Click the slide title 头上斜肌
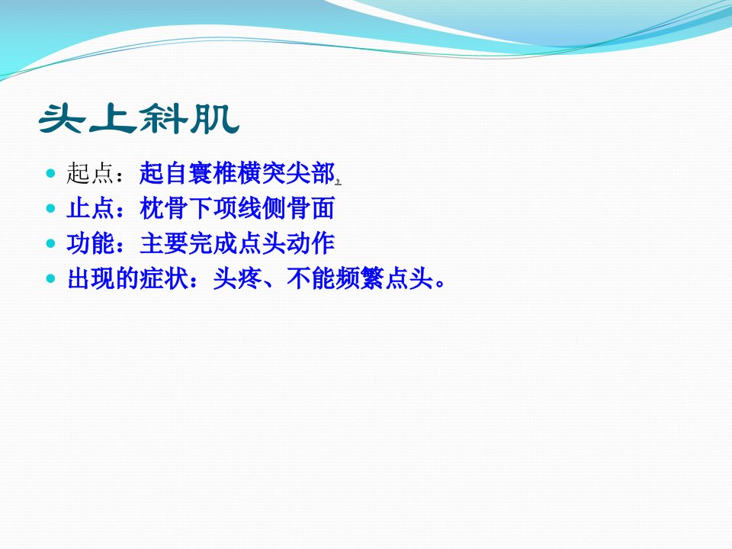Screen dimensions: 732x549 (139, 120)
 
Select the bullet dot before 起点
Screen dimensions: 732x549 (51, 174)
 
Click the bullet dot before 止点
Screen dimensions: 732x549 (51, 208)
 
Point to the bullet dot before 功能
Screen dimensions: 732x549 (51, 244)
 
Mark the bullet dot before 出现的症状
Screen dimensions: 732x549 (51, 279)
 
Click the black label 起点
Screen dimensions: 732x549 (90, 173)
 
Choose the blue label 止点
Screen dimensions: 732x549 (90, 208)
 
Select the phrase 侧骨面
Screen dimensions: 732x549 (298, 208)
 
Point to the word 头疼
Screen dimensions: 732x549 (237, 279)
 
